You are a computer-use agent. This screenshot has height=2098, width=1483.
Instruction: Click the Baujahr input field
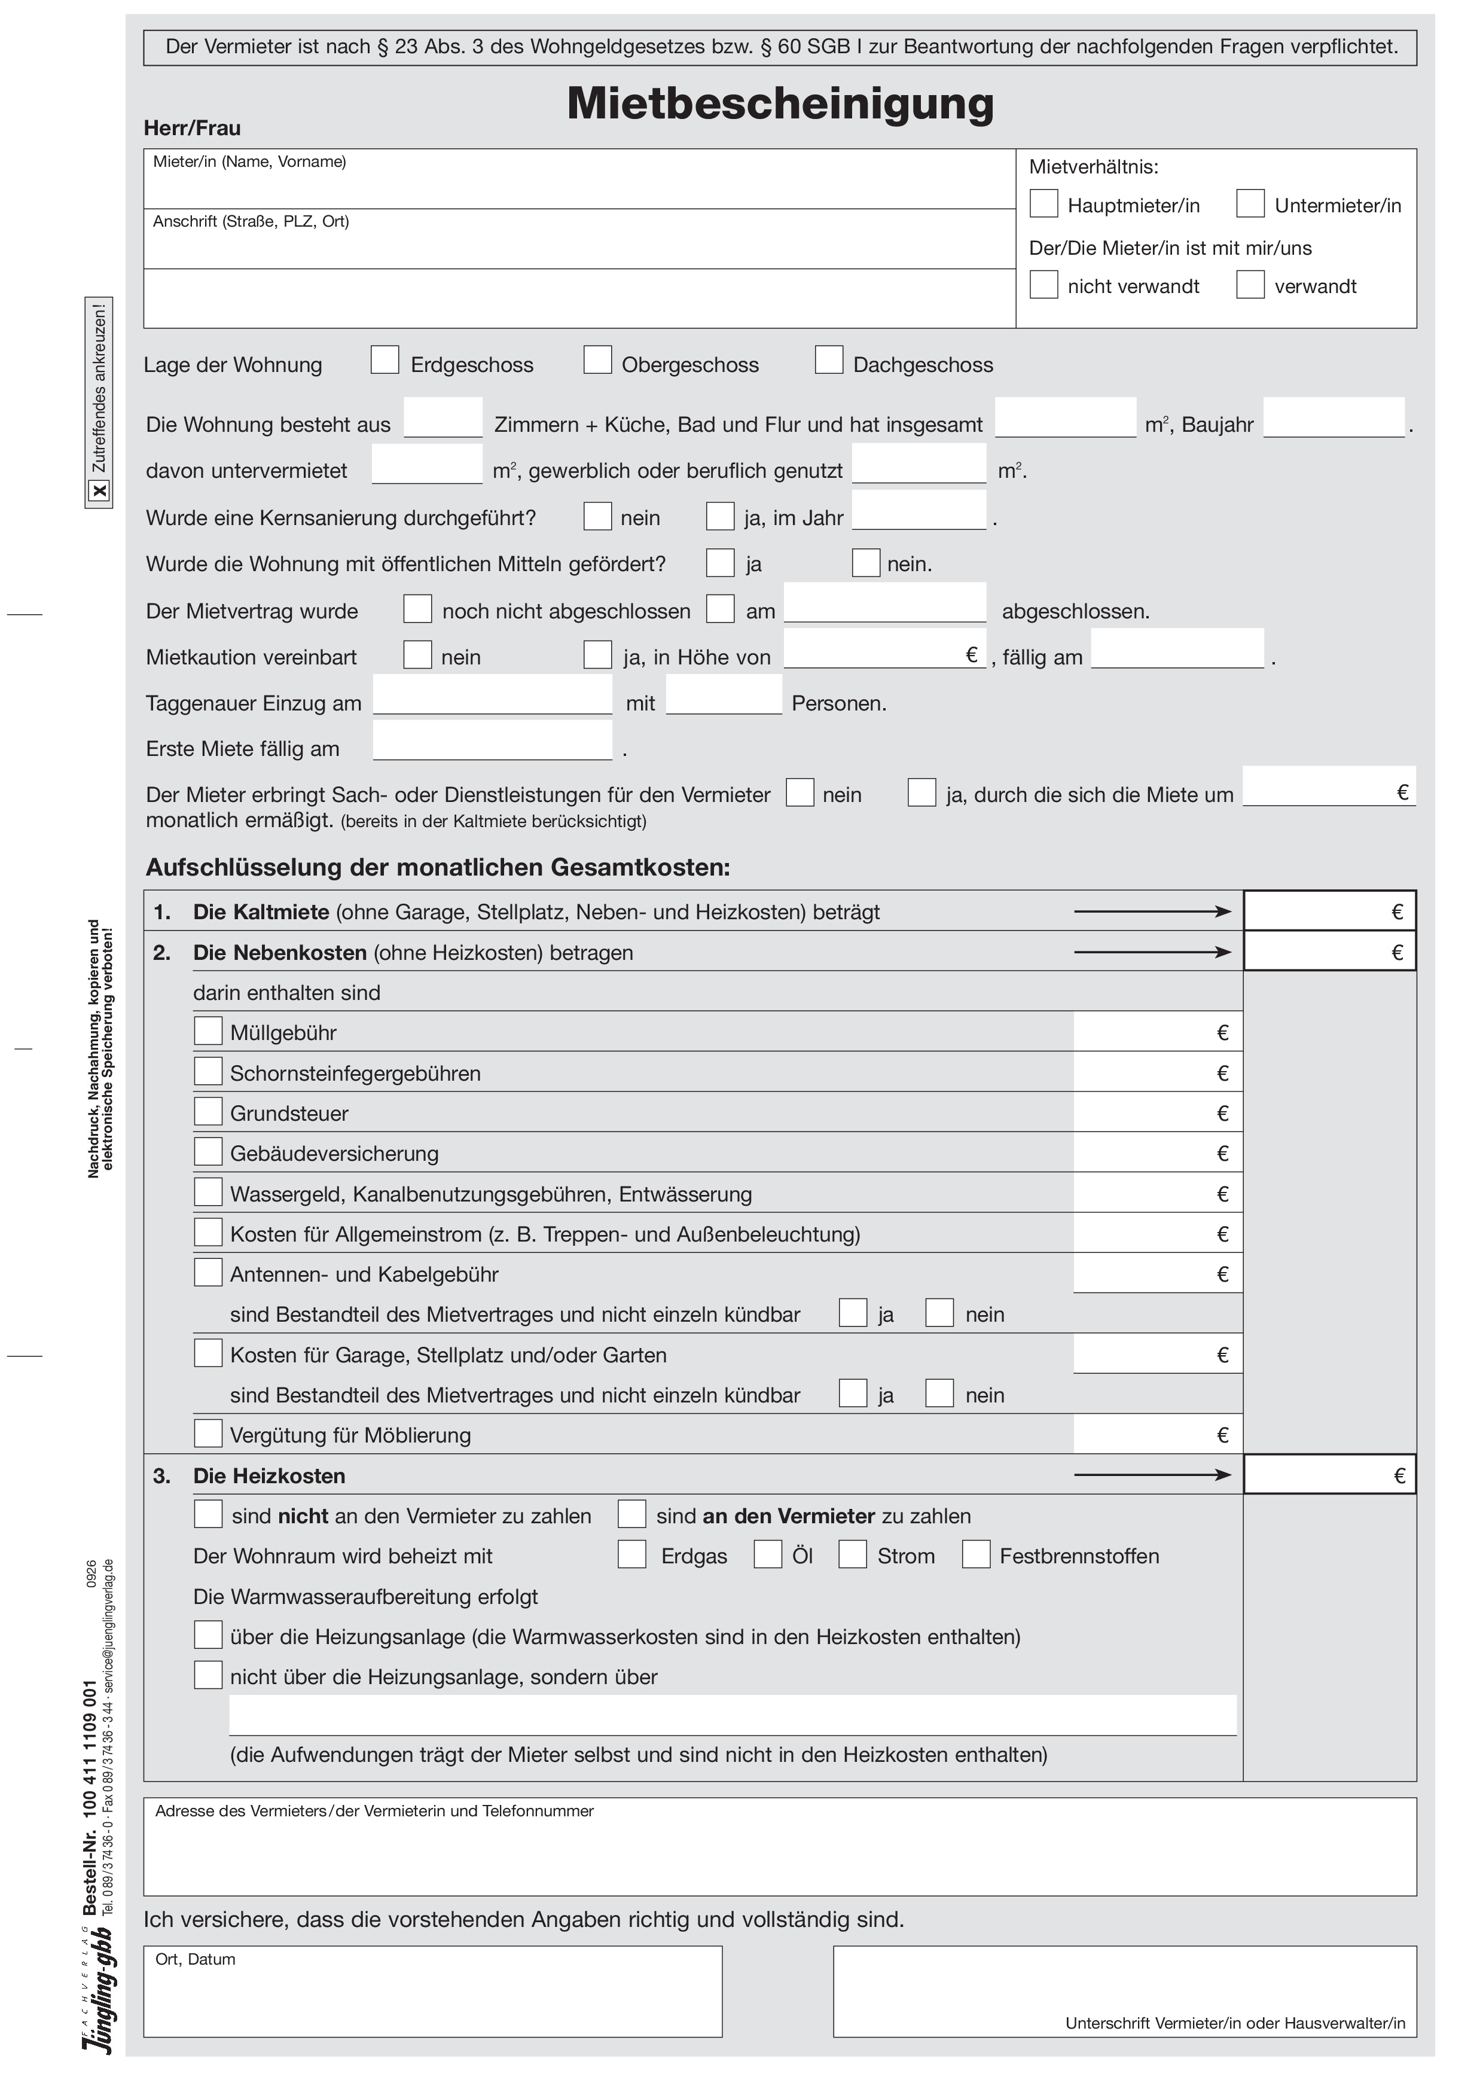point(1333,419)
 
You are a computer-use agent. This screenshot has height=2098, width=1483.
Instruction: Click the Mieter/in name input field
point(579,187)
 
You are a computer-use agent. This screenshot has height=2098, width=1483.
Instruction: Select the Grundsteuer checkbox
point(208,1111)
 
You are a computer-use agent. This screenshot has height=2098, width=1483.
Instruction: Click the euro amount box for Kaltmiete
point(1329,911)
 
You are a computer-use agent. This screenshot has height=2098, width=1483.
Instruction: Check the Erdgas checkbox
point(631,1554)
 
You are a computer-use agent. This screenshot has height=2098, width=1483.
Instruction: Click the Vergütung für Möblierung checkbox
point(208,1433)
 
